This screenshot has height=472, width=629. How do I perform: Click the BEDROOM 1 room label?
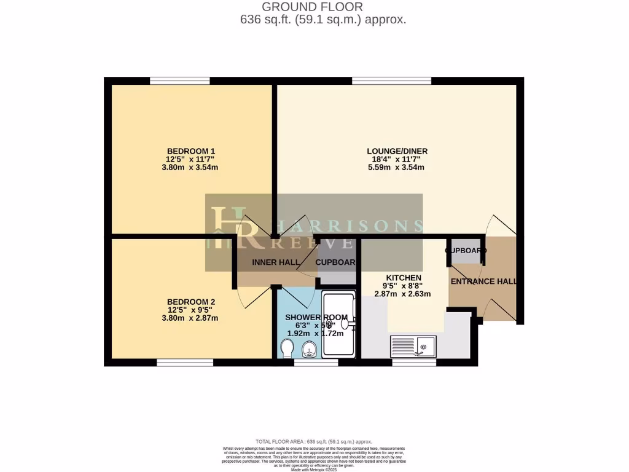(x=191, y=151)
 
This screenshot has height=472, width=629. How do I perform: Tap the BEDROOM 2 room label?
(x=191, y=302)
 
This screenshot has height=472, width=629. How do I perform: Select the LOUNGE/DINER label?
(x=397, y=151)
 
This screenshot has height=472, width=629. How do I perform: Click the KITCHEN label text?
(x=404, y=278)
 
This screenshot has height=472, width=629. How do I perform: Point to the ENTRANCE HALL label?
(x=483, y=281)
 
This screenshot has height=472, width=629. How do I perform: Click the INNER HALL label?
(x=276, y=262)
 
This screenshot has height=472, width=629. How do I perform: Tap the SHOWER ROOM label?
(x=316, y=317)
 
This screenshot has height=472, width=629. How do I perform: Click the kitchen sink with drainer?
(x=413, y=347)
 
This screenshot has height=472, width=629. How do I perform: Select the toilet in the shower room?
(x=286, y=349)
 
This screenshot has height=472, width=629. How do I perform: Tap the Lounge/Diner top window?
(x=391, y=81)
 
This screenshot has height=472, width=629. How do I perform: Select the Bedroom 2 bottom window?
(x=185, y=363)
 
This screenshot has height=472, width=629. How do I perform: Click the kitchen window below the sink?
(x=414, y=363)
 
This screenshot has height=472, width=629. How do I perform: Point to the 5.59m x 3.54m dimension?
(x=397, y=167)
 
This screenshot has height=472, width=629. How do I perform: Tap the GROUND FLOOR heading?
(x=312, y=7)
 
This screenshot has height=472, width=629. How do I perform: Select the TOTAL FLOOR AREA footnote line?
(x=314, y=442)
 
